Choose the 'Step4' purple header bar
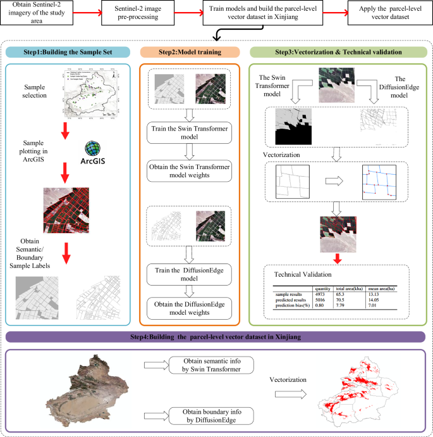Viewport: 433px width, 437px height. click(x=216, y=337)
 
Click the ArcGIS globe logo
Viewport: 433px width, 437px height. click(x=94, y=147)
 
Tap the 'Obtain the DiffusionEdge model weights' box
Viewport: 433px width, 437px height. click(x=190, y=310)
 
